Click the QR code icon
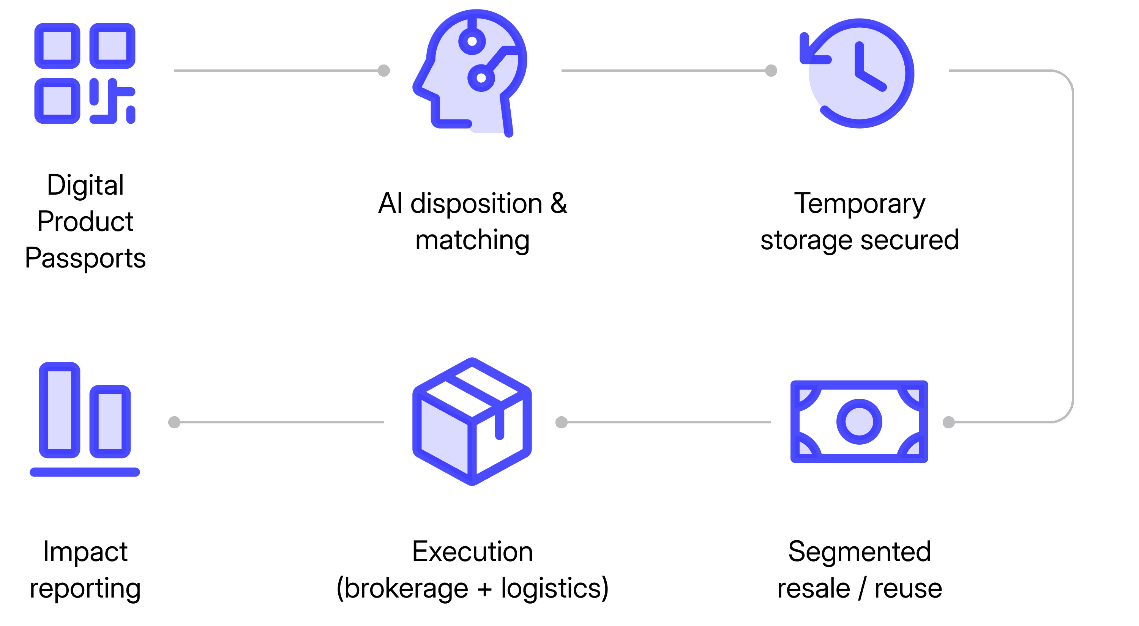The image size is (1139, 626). (85, 73)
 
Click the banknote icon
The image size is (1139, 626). (859, 422)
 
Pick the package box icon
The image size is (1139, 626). (472, 422)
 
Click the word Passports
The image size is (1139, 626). (85, 258)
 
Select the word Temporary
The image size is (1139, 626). (860, 204)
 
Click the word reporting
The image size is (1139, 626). (85, 589)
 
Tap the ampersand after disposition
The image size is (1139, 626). (559, 204)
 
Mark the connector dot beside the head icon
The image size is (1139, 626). (384, 71)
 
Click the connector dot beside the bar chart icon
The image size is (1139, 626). (174, 422)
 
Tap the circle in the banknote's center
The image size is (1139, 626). (859, 422)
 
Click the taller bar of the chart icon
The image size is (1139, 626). (59, 410)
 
